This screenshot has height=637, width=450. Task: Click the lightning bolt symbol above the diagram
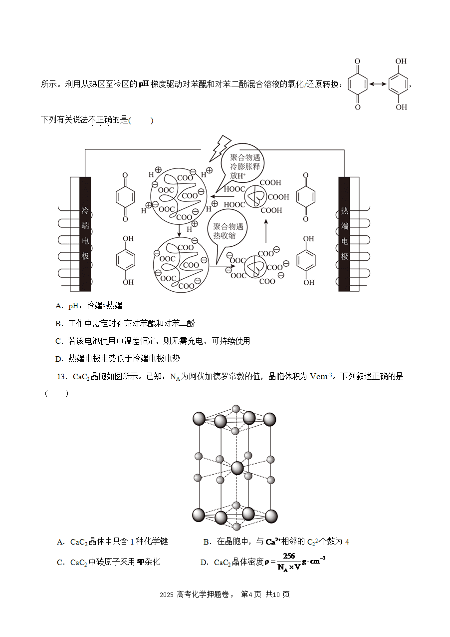(x=220, y=148)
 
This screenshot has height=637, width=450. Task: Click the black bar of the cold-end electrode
(x=85, y=234)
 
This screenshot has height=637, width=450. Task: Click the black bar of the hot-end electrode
(x=344, y=234)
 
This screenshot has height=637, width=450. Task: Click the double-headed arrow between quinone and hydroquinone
(x=378, y=84)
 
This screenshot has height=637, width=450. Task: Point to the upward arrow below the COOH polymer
(x=266, y=231)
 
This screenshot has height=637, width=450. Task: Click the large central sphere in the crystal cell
(x=237, y=468)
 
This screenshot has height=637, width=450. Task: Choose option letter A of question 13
(x=60, y=542)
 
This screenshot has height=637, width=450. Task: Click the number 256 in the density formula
(x=289, y=556)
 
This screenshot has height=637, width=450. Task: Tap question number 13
(x=61, y=377)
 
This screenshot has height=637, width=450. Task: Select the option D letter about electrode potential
(x=59, y=359)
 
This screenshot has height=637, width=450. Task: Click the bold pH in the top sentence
(x=144, y=84)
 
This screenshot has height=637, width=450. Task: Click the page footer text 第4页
(x=251, y=595)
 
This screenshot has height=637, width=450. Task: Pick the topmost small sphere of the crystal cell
(x=236, y=409)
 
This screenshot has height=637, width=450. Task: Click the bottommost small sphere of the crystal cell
(x=236, y=527)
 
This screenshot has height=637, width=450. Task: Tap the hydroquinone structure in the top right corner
(x=400, y=84)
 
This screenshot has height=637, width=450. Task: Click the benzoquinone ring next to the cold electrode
(x=125, y=197)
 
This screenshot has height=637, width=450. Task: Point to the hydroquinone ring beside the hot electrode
(x=306, y=260)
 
